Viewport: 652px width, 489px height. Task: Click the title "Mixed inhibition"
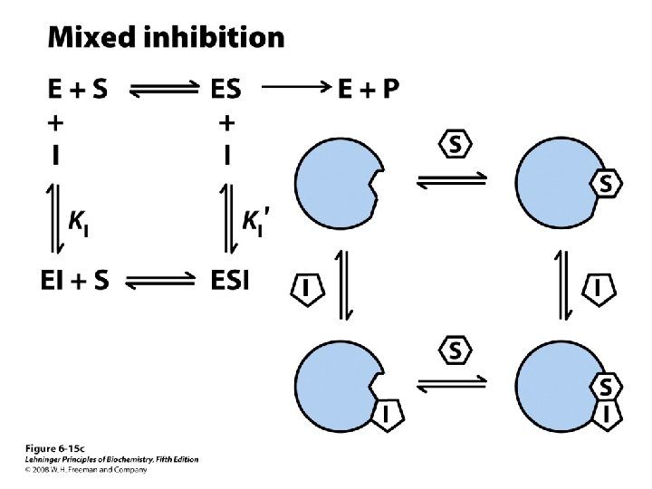[x=165, y=37]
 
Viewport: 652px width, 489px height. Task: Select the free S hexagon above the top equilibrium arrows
[x=456, y=143]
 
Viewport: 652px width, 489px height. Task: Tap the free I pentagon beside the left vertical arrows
[x=308, y=288]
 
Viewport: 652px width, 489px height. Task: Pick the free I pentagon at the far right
[x=600, y=288]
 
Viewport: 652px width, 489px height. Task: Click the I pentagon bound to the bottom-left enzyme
[x=386, y=413]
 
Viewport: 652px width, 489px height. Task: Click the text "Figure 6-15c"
[x=53, y=449]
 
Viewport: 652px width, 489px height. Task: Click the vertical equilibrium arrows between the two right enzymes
[x=562, y=285]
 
